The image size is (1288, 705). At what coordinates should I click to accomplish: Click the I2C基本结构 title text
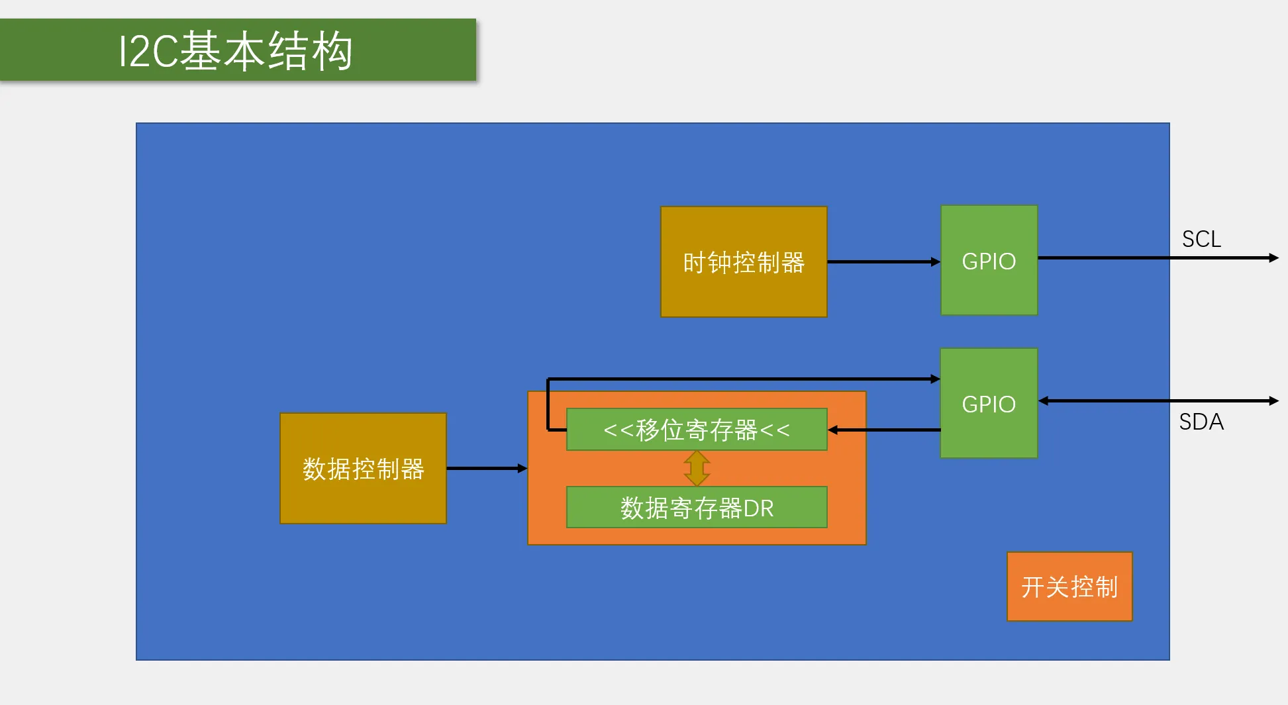pyautogui.click(x=235, y=51)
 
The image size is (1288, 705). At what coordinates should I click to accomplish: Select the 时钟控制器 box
pyautogui.click(x=744, y=261)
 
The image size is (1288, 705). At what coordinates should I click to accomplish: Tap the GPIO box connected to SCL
pyautogui.click(x=989, y=260)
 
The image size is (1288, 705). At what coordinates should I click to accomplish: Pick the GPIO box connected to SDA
pyautogui.click(x=989, y=403)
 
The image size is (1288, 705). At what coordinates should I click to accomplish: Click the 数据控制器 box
pyautogui.click(x=363, y=469)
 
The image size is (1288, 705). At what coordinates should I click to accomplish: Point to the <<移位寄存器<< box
pyautogui.click(x=697, y=430)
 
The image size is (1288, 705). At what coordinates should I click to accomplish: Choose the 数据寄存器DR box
pyautogui.click(x=697, y=508)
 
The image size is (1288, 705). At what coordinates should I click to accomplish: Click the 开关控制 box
pyautogui.click(x=1069, y=587)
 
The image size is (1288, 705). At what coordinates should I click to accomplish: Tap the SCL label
pyautogui.click(x=1201, y=239)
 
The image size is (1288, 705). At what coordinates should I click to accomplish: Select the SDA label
pyautogui.click(x=1201, y=422)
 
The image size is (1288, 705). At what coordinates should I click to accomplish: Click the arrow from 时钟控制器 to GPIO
pyautogui.click(x=884, y=261)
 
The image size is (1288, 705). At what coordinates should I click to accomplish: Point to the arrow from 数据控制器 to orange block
pyautogui.click(x=487, y=469)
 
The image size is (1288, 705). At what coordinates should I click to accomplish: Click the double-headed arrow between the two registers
pyautogui.click(x=697, y=469)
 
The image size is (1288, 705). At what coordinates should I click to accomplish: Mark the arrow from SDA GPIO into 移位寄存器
pyautogui.click(x=884, y=430)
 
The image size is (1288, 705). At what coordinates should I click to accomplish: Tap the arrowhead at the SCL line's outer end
pyautogui.click(x=1274, y=258)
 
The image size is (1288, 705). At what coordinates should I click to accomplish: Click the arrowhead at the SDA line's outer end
pyautogui.click(x=1274, y=400)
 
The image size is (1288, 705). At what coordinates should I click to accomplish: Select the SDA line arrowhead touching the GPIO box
pyautogui.click(x=1043, y=400)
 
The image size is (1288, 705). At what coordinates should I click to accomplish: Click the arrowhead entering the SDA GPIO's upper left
pyautogui.click(x=936, y=379)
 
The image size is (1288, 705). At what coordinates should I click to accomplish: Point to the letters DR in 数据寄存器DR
pyautogui.click(x=758, y=508)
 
